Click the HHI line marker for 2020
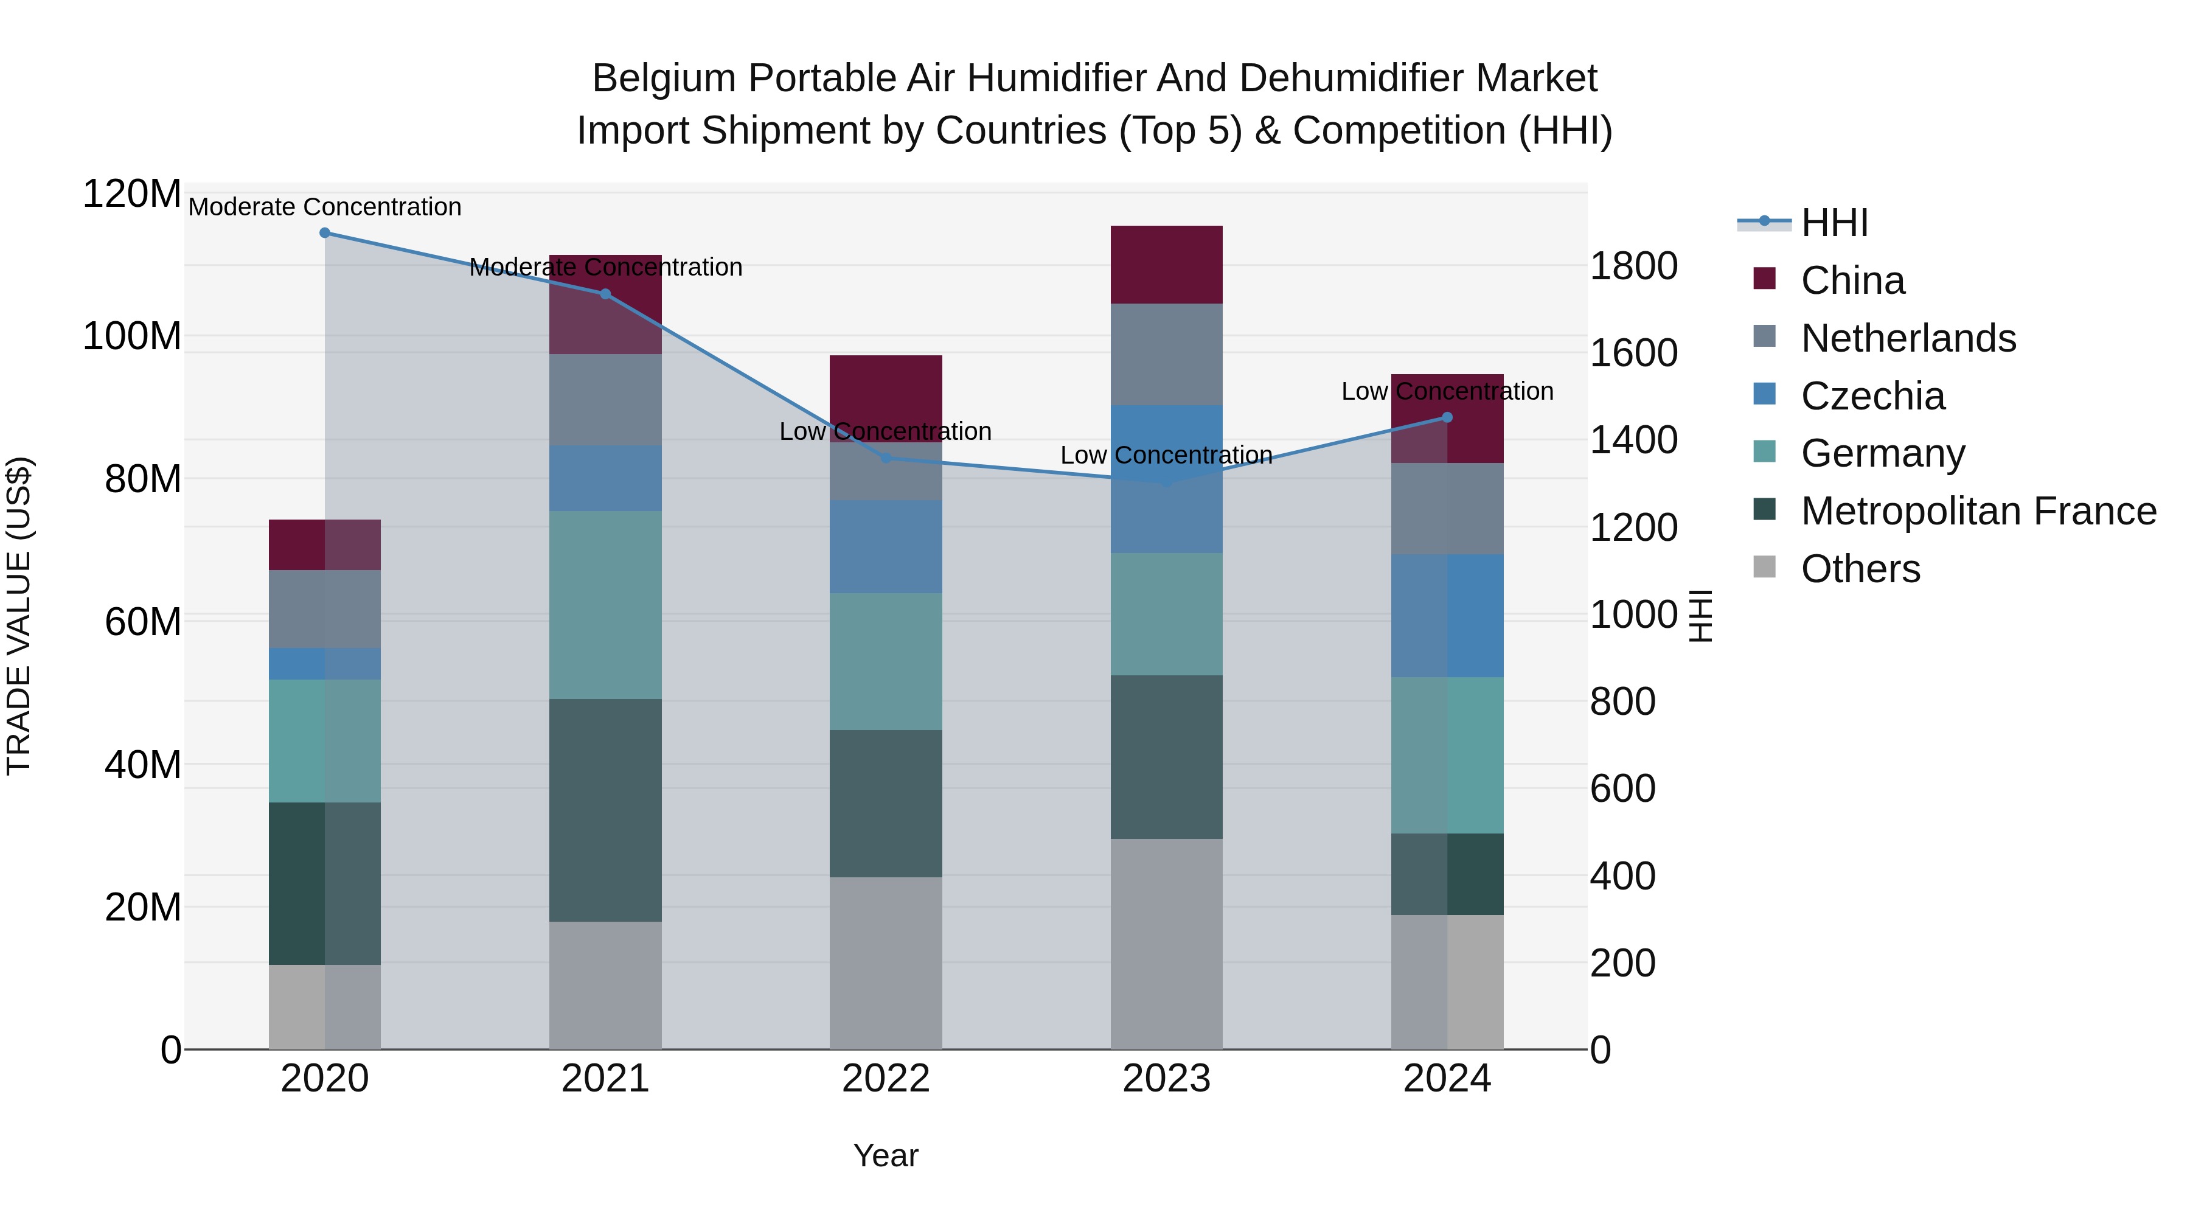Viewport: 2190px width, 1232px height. click(x=325, y=233)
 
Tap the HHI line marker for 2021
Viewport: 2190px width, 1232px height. click(x=605, y=294)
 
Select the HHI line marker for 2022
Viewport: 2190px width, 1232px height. click(x=886, y=458)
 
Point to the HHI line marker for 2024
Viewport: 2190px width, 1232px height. click(x=1447, y=417)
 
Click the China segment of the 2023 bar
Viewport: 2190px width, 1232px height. click(x=1166, y=265)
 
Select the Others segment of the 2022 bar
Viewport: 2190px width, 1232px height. click(x=886, y=962)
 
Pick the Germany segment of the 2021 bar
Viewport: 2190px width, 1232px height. click(x=605, y=605)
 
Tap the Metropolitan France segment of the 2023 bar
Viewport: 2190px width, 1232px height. click(x=1166, y=757)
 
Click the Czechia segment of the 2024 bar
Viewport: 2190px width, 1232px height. click(x=1447, y=616)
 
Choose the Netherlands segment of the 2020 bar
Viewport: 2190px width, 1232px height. click(x=325, y=609)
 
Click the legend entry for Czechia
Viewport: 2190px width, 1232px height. click(x=1872, y=396)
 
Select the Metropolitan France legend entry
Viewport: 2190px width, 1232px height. click(x=1978, y=511)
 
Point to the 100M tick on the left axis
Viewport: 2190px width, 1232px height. click(x=132, y=336)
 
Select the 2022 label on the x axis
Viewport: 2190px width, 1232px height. click(x=886, y=1079)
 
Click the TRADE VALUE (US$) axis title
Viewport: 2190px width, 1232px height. click(x=19, y=616)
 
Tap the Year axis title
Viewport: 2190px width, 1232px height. click(x=886, y=1155)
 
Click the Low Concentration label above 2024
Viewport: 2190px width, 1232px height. click(x=1447, y=391)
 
